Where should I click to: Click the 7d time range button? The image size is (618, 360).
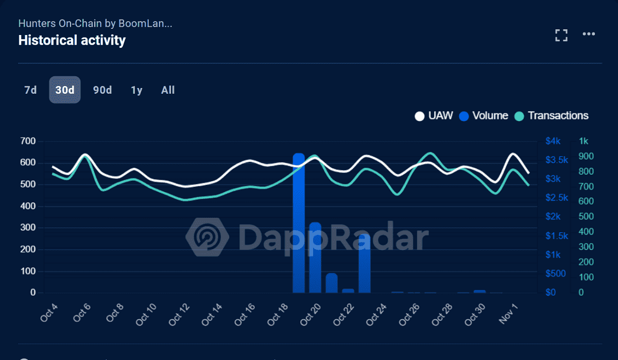click(30, 90)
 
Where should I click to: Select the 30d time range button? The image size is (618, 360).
click(65, 90)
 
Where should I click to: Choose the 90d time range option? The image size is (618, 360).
click(102, 90)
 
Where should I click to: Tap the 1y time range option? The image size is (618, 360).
click(136, 90)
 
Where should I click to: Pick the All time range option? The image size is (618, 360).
click(168, 90)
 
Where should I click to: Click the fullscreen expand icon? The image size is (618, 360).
click(561, 35)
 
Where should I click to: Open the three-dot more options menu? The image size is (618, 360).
click(589, 34)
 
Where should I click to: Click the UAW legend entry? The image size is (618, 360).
click(434, 116)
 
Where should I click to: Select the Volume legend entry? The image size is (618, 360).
click(484, 116)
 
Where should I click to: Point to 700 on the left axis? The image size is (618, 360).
click(28, 141)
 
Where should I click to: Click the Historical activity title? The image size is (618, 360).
click(72, 40)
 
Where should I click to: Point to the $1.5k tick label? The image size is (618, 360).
click(556, 236)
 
